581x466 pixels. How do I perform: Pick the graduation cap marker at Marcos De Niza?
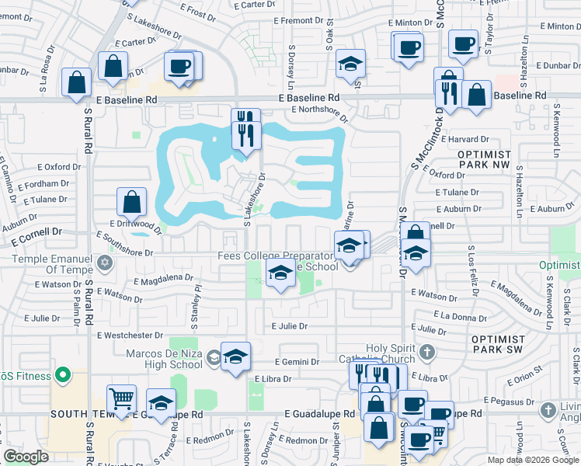pyautogui.click(x=235, y=356)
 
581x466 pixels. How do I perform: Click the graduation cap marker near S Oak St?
pyautogui.click(x=351, y=64)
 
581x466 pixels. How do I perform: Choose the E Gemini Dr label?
pyautogui.click(x=297, y=362)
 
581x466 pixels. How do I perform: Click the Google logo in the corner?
pyautogui.click(x=26, y=457)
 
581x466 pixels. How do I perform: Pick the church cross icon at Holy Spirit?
pyautogui.click(x=425, y=353)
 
